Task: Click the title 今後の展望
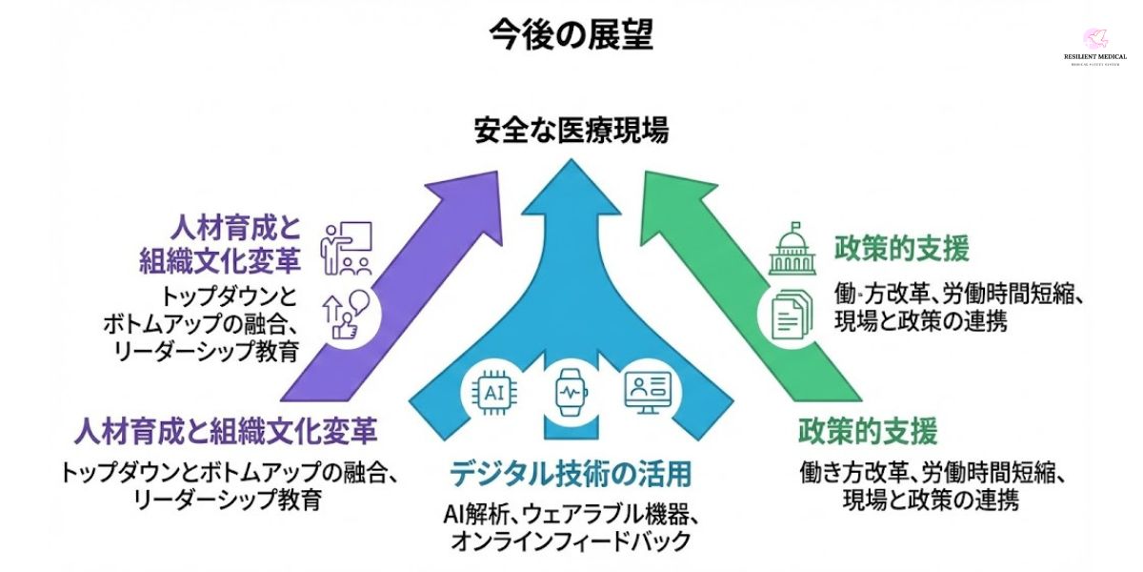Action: pos(571,35)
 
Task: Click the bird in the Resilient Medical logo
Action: pos(1094,39)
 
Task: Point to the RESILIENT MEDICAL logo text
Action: pos(1094,57)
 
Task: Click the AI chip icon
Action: pos(494,391)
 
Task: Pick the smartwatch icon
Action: pos(570,392)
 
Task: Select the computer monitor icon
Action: pos(647,391)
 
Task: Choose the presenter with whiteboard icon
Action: pos(347,247)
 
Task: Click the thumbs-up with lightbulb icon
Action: pos(346,314)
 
